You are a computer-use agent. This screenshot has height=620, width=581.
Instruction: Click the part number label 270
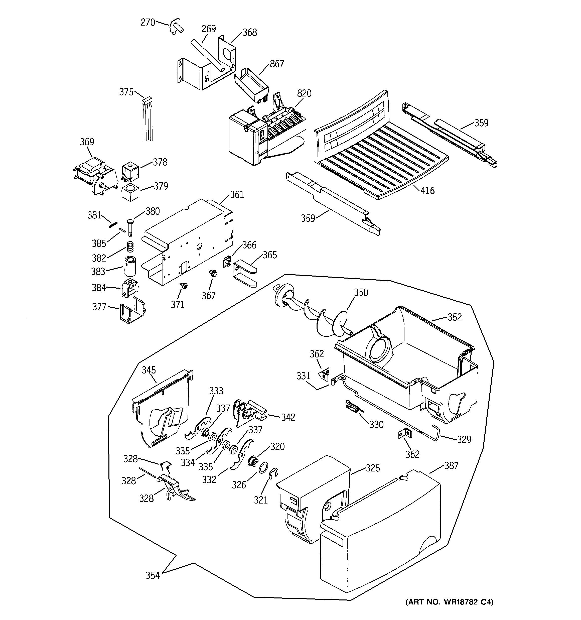pyautogui.click(x=148, y=23)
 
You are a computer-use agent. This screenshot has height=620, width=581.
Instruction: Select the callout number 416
pyautogui.click(x=427, y=191)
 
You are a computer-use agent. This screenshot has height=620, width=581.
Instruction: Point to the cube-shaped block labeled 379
pyautogui.click(x=130, y=193)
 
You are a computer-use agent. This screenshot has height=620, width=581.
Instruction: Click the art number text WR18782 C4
pyautogui.click(x=449, y=611)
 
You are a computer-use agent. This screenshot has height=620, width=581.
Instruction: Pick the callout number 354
pyautogui.click(x=153, y=576)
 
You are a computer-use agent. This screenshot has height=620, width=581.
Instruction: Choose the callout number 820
pyautogui.click(x=304, y=93)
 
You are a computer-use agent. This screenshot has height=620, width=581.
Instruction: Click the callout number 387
pyautogui.click(x=451, y=466)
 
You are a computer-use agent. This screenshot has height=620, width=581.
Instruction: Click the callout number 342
pyautogui.click(x=288, y=418)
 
